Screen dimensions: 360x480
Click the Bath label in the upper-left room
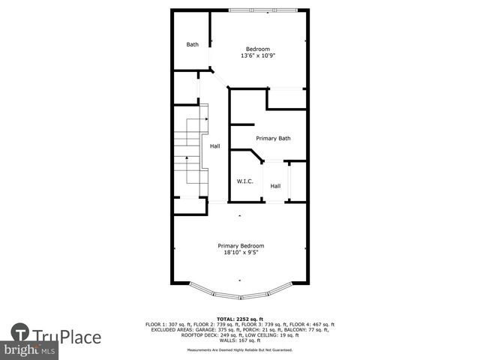click(x=193, y=44)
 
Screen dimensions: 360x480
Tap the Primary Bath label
click(x=273, y=138)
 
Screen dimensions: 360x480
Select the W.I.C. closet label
click(x=244, y=181)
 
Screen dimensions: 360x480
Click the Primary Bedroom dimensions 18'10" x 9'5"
click(x=241, y=253)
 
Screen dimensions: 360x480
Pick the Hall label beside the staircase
click(x=215, y=146)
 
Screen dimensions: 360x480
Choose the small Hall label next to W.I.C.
click(x=275, y=186)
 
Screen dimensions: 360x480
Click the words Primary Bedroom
click(x=241, y=245)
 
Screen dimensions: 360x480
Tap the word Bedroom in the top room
click(x=258, y=49)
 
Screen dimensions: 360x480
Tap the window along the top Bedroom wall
click(x=268, y=10)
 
